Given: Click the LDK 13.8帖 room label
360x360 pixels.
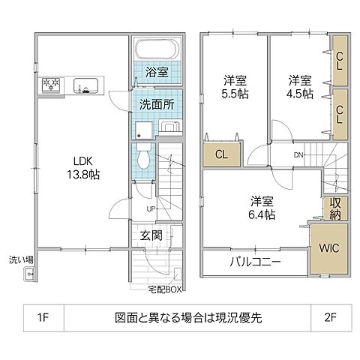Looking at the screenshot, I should [x=84, y=166].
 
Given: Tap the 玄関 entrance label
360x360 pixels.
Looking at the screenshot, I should [x=150, y=235].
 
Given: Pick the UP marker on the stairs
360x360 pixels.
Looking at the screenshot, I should [x=151, y=208].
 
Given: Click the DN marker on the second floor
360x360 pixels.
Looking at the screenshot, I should [x=297, y=156].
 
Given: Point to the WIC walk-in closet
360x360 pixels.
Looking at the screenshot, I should [x=328, y=248].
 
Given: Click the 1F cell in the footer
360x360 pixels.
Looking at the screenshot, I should [x=41, y=316].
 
